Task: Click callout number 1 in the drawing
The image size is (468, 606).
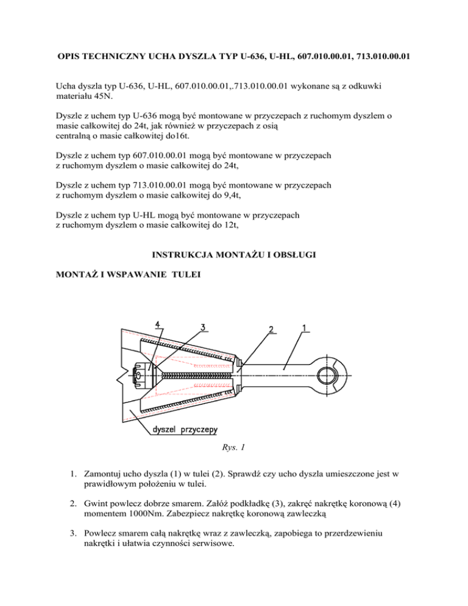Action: coord(303,327)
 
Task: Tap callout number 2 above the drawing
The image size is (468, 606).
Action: coord(271,329)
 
